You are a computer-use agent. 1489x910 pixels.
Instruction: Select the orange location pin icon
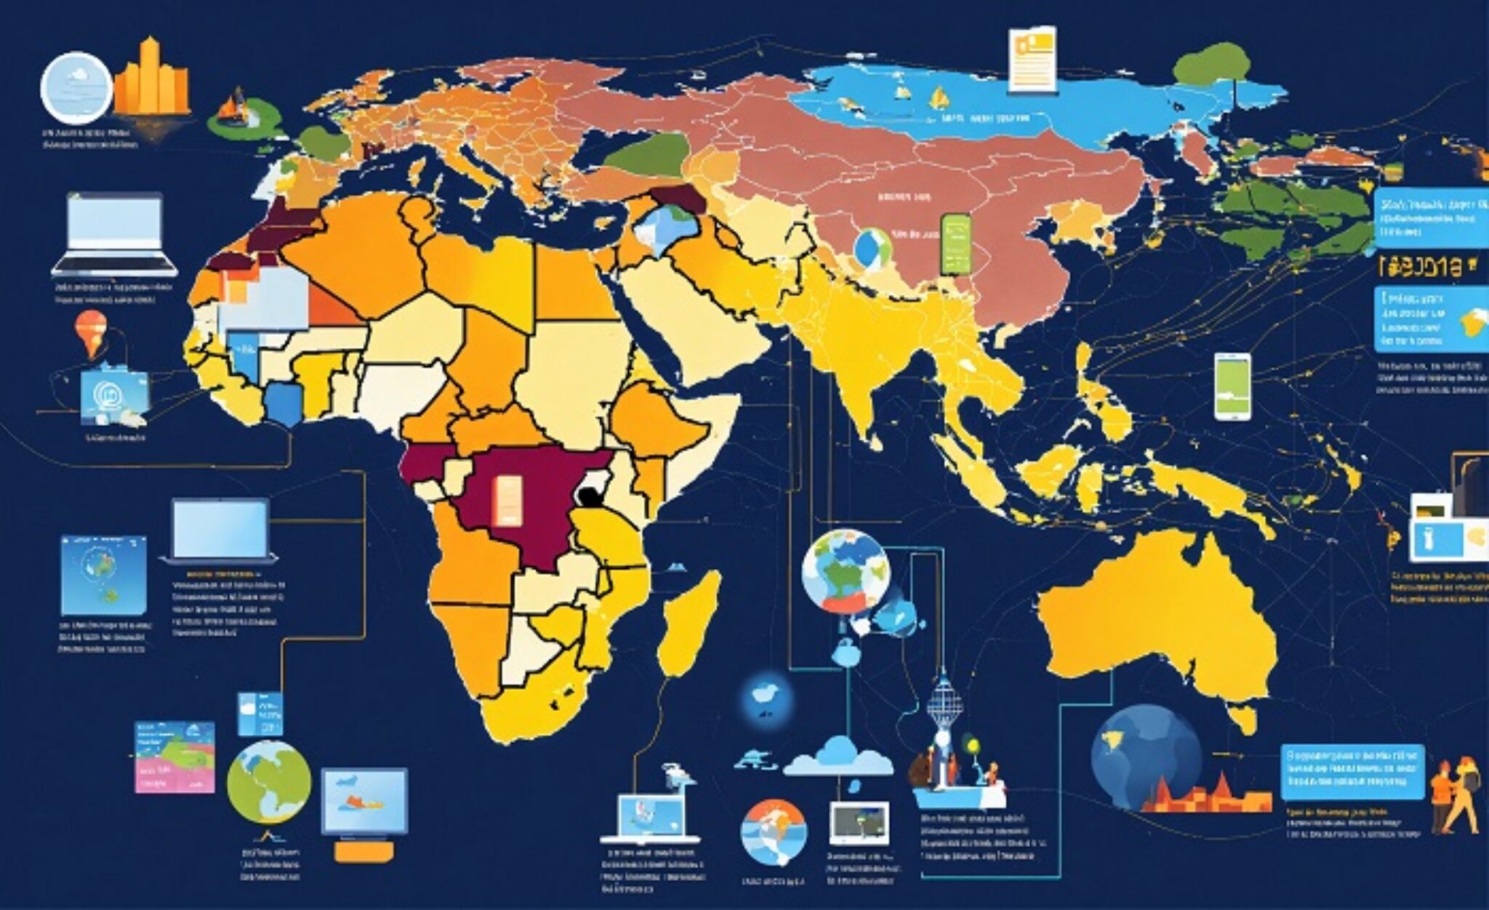pyautogui.click(x=91, y=331)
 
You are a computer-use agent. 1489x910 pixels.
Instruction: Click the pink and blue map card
pyautogui.click(x=175, y=757)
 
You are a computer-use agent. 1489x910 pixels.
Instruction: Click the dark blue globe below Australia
pyautogui.click(x=1145, y=756)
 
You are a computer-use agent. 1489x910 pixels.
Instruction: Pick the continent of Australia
pyautogui.click(x=1156, y=618)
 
